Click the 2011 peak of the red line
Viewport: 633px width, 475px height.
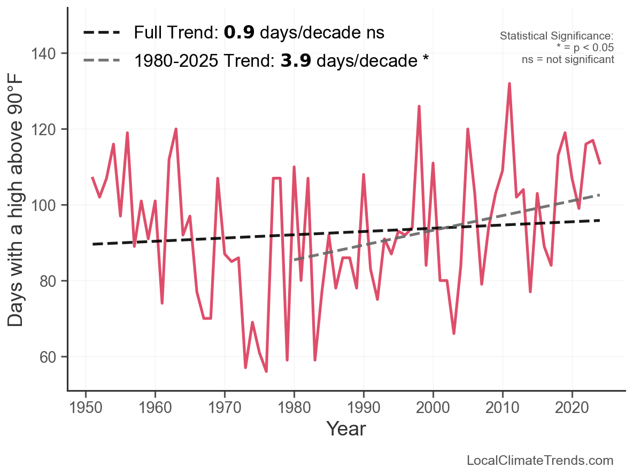click(x=510, y=84)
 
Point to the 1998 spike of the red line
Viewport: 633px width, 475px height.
click(x=419, y=106)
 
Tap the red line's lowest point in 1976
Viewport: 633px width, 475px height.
click(x=266, y=371)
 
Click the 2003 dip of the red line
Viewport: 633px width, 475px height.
click(x=454, y=333)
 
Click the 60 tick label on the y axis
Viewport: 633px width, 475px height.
click(x=52, y=357)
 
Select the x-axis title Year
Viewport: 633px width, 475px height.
click(x=346, y=429)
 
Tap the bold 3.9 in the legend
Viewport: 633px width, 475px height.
click(x=296, y=60)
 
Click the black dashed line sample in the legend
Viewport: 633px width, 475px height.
click(x=102, y=33)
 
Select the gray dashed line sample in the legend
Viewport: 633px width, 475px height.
click(x=102, y=60)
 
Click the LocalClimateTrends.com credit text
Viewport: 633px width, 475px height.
click(x=540, y=461)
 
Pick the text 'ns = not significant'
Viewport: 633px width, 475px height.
click(x=568, y=59)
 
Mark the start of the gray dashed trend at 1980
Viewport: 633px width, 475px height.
click(x=295, y=260)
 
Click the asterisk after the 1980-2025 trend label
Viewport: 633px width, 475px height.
click(x=425, y=59)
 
